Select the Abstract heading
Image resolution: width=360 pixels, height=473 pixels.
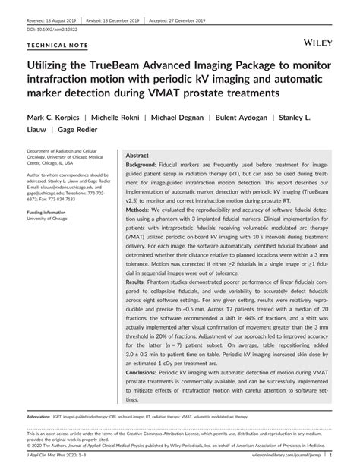click(x=137, y=154)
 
